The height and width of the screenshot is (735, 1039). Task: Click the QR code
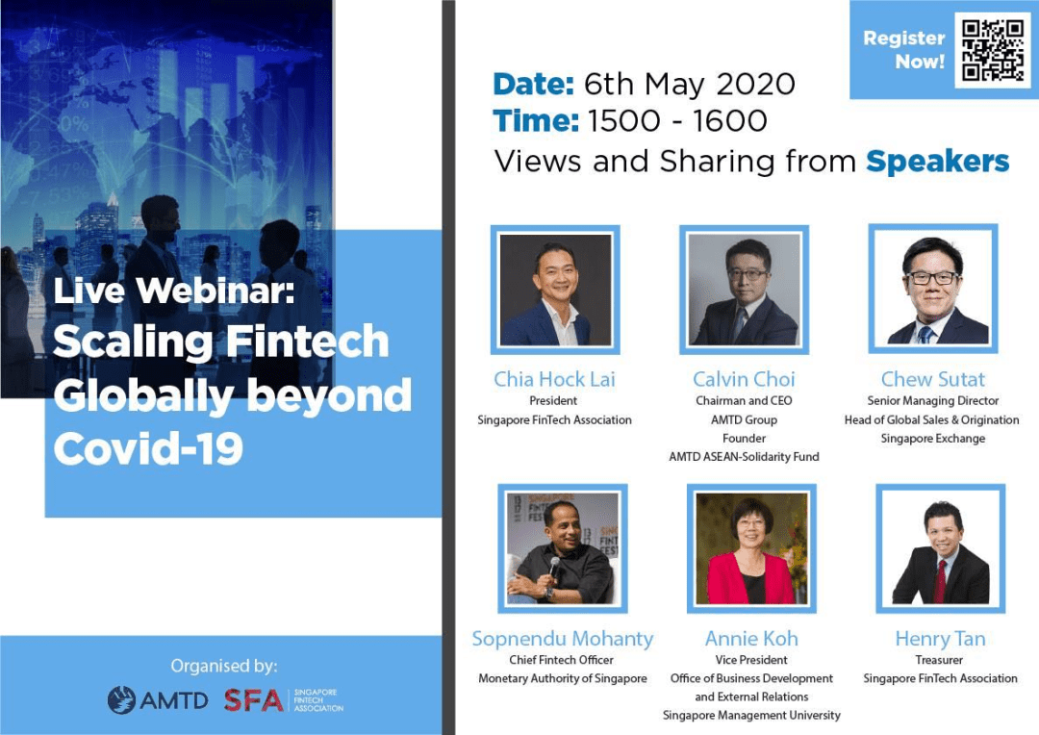[x=993, y=50]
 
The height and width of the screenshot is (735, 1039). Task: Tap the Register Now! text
[x=903, y=50]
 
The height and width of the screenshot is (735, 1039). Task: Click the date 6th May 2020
[x=689, y=84]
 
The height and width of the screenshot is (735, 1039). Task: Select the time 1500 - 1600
[x=677, y=121]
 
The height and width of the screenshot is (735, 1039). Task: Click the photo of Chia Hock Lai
[x=555, y=290]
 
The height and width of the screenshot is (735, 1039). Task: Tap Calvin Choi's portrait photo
[x=744, y=290]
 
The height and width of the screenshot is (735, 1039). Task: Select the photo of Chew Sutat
[x=933, y=289]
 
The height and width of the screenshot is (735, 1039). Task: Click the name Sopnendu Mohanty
[x=563, y=638]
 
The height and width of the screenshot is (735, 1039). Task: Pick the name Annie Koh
[x=751, y=638]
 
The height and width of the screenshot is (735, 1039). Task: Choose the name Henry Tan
[x=940, y=638]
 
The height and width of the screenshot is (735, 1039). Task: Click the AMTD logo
[x=158, y=699]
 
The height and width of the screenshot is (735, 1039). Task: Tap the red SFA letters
[x=254, y=700]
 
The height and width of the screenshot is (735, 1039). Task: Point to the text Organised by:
[x=224, y=666]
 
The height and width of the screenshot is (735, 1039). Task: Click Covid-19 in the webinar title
[x=148, y=448]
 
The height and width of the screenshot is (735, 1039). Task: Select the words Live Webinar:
[x=173, y=291]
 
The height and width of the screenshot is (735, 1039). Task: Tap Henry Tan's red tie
[x=940, y=580]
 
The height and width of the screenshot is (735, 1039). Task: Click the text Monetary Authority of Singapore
[x=563, y=678]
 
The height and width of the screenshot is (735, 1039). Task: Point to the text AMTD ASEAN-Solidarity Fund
[x=744, y=457]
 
